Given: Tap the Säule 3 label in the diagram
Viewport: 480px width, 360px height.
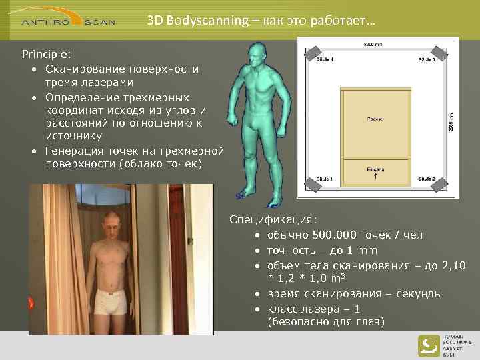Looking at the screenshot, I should pos(427,60).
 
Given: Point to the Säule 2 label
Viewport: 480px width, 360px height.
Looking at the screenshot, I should pos(427,179).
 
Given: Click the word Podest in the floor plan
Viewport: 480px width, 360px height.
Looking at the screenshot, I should pos(375,119).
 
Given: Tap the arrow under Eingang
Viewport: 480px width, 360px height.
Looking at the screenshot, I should pos(375,178).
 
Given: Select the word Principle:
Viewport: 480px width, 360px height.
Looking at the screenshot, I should pos(46,53).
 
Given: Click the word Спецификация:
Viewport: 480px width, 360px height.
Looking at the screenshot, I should pos(273,219).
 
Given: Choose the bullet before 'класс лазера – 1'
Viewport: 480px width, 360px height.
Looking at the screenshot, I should pos(257,310).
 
